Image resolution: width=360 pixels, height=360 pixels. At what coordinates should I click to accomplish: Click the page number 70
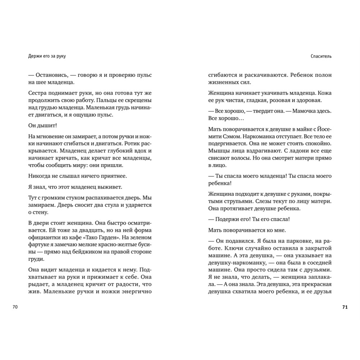(x=15, y=307)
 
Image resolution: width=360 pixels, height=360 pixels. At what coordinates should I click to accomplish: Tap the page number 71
(x=345, y=307)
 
